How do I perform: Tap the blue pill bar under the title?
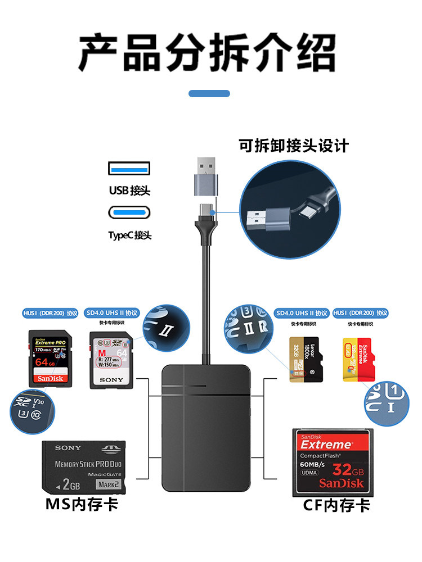tap(209, 93)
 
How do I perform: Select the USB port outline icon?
tap(129, 168)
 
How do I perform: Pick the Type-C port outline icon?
tap(129, 213)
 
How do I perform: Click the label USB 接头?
tap(129, 191)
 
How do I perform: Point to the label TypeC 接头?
tap(129, 235)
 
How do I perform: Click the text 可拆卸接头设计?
tap(294, 146)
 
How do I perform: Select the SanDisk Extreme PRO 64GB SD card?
tap(51, 357)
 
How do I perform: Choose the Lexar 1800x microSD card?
tap(304, 360)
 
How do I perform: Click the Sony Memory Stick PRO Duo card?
tap(84, 467)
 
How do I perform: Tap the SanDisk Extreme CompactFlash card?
tap(332, 462)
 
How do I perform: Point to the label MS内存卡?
tap(82, 504)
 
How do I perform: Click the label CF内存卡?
tap(337, 505)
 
